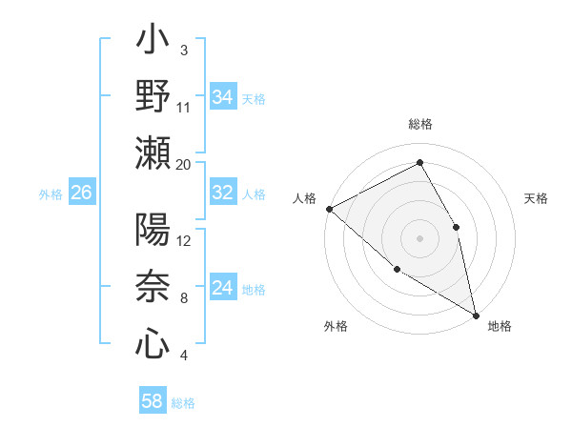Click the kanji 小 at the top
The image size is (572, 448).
pyautogui.click(x=153, y=42)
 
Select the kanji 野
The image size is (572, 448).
pyautogui.click(x=153, y=97)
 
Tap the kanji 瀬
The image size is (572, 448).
pyautogui.click(x=153, y=153)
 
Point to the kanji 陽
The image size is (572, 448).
pyautogui.click(x=153, y=231)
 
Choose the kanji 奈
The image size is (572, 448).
pyautogui.click(x=153, y=287)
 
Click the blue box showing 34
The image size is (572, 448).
pyautogui.click(x=223, y=97)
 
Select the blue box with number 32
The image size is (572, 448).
pyautogui.click(x=223, y=193)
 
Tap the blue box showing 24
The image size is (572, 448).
pyautogui.click(x=223, y=288)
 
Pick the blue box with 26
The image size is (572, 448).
pyautogui.click(x=81, y=193)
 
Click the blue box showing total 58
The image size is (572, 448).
pyautogui.click(x=153, y=401)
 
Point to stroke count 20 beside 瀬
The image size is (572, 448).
pyautogui.click(x=184, y=164)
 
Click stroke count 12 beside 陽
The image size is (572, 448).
pyautogui.click(x=184, y=241)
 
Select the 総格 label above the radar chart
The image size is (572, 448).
pyautogui.click(x=419, y=124)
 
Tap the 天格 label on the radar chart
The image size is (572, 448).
pyautogui.click(x=537, y=198)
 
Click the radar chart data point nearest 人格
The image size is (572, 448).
pyautogui.click(x=329, y=209)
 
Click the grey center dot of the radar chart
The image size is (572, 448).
pyautogui.click(x=419, y=237)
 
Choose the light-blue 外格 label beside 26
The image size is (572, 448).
pyautogui.click(x=51, y=194)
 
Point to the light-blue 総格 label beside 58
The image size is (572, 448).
pyautogui.click(x=183, y=402)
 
